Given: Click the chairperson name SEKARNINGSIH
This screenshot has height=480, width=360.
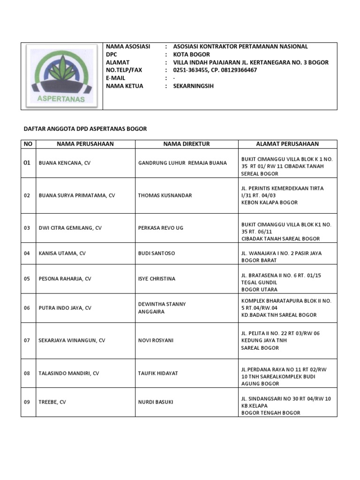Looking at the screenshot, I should (x=193, y=86).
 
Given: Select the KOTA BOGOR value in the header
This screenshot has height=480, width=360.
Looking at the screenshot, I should (x=191, y=54).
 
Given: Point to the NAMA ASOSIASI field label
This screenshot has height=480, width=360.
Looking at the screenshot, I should (x=128, y=46).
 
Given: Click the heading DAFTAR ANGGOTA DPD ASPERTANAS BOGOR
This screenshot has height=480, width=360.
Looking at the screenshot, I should (x=85, y=129).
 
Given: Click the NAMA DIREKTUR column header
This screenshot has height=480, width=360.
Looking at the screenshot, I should (x=186, y=144).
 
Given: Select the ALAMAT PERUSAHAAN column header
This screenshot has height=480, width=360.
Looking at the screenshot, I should (x=287, y=144).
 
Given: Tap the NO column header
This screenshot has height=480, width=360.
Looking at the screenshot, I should (x=28, y=144).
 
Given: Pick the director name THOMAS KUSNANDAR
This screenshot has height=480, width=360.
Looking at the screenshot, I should (x=165, y=195).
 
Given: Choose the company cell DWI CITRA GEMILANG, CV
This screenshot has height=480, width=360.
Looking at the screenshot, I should (x=70, y=228).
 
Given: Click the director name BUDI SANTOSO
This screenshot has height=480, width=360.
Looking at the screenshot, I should (x=157, y=253).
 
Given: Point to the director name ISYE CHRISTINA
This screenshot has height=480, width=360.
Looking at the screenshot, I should (x=157, y=278).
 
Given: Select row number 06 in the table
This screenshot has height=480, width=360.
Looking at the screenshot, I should (x=27, y=308).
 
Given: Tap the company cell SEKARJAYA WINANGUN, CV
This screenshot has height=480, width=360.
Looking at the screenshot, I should (x=72, y=340).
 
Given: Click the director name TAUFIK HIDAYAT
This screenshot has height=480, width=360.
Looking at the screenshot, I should (x=158, y=373).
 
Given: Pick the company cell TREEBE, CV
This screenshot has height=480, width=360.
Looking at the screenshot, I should (x=52, y=402).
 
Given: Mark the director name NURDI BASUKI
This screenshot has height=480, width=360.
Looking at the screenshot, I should (x=156, y=402).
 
